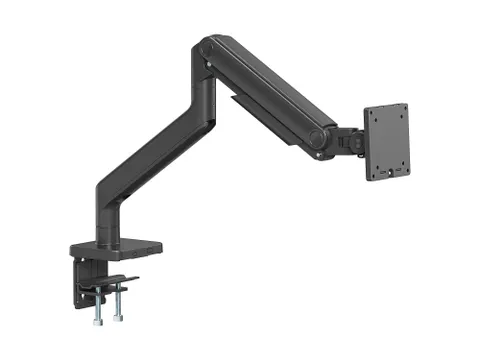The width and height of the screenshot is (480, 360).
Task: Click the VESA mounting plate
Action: (387, 142)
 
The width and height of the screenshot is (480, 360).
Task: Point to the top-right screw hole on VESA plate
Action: (402, 111)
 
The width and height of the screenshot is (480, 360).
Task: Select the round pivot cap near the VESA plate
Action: (318, 141)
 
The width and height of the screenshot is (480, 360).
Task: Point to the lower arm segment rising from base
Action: (150, 160)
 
